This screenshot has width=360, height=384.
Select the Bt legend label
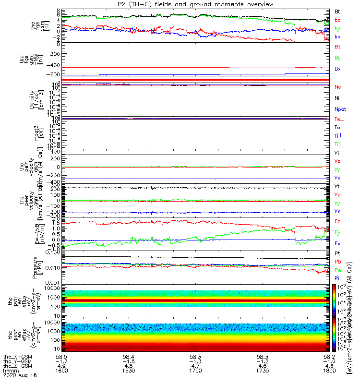coord(338,11)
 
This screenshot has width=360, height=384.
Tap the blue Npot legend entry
coord(340,109)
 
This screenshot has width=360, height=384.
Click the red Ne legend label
coord(338,87)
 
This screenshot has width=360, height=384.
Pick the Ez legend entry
coord(338,221)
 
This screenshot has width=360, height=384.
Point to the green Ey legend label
coord(338,232)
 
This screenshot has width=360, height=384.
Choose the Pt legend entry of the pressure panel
coord(337,253)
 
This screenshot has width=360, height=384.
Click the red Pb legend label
coord(338,262)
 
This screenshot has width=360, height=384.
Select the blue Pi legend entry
coord(337,279)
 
